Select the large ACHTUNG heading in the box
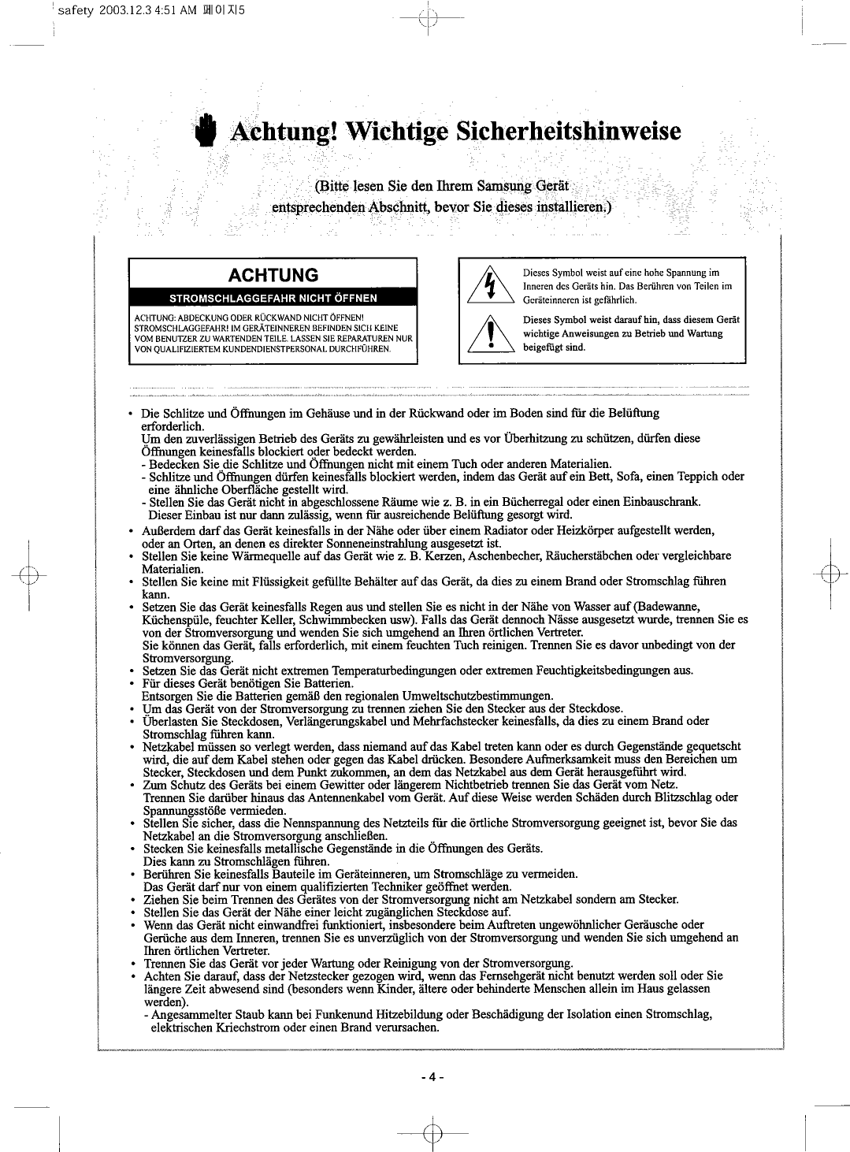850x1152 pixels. pos(273,275)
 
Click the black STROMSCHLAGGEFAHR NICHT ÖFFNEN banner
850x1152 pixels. pos(273,298)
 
